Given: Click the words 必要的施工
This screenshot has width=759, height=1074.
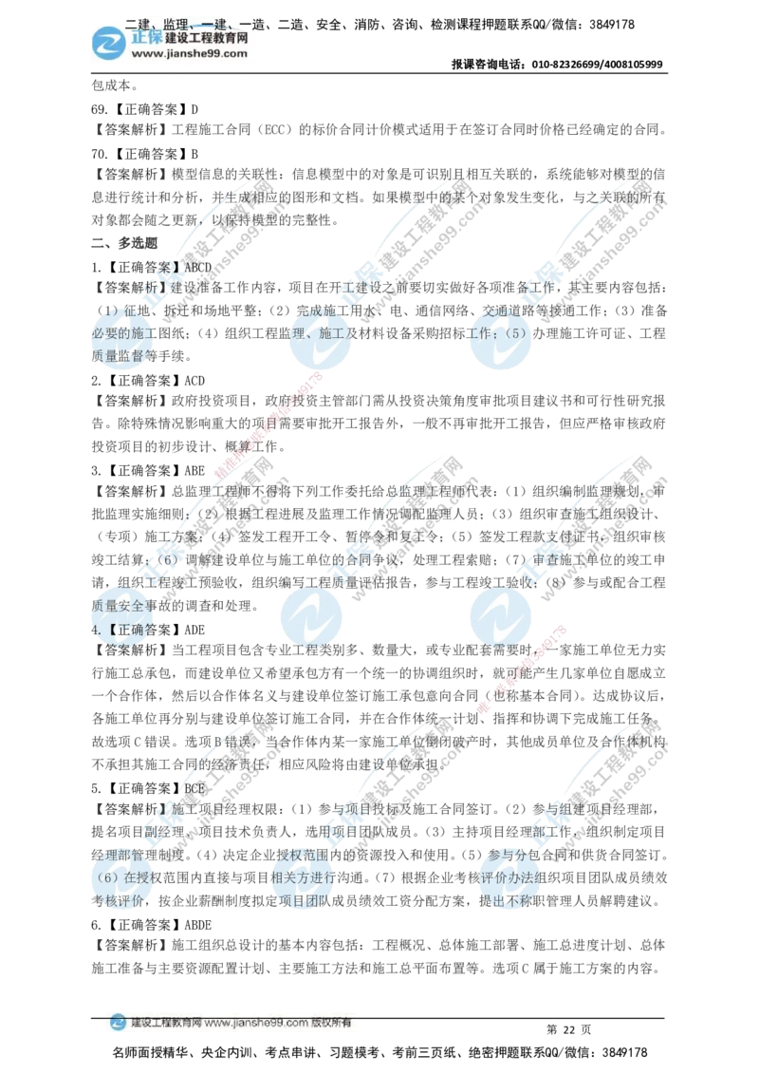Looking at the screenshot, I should [121, 333].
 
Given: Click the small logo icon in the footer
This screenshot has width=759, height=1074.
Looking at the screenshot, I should [117, 1023].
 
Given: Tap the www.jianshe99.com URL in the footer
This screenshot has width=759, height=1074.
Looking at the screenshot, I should [256, 1024].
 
